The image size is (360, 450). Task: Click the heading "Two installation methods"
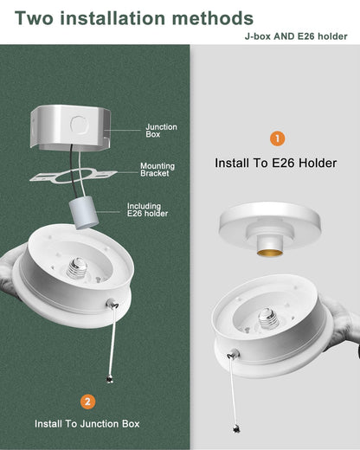pos(134,17)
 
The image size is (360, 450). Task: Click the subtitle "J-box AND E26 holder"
pos(297,35)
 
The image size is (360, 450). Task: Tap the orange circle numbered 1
pos(277,138)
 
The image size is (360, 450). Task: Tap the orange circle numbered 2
pos(87,402)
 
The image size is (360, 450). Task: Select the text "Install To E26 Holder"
pos(276,162)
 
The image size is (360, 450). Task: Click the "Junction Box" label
pos(161,131)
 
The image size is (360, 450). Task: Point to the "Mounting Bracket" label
pos(157,170)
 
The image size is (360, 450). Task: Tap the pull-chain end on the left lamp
pos(109,378)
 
